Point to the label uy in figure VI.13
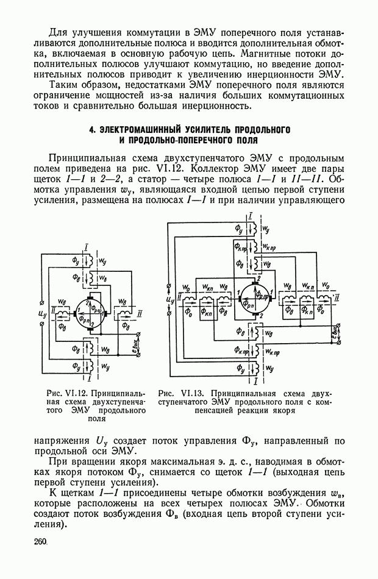coord(169,299)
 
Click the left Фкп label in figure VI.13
coord(207,310)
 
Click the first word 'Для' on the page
coord(59,31)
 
